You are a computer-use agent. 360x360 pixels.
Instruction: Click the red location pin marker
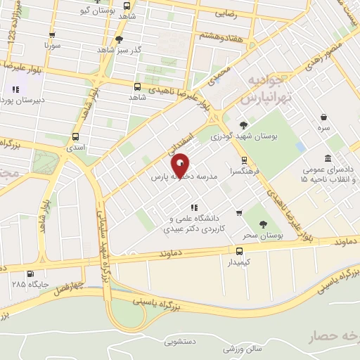(x=181, y=166)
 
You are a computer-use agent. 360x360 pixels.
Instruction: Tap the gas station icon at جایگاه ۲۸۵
(x=30, y=275)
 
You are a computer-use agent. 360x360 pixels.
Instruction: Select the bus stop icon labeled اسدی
(x=75, y=138)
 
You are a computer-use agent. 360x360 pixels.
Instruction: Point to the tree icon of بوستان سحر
(x=263, y=224)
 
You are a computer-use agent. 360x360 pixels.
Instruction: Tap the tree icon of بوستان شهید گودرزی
(x=243, y=124)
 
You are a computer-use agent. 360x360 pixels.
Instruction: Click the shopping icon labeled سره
(x=323, y=117)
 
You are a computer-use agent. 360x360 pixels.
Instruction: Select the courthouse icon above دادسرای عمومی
(x=327, y=159)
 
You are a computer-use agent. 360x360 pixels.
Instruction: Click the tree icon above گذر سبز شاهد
(x=119, y=40)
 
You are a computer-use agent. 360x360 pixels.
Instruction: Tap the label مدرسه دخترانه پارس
(x=185, y=179)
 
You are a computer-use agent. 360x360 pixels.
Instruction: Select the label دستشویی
(x=181, y=342)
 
